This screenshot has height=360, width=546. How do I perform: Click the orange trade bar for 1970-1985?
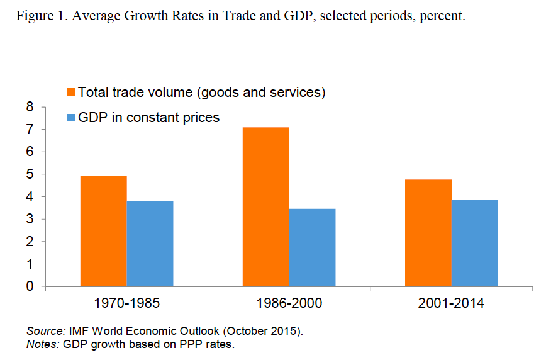[104, 231]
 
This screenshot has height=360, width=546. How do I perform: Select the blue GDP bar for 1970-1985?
[150, 244]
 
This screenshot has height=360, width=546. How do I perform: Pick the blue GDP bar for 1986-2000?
[312, 247]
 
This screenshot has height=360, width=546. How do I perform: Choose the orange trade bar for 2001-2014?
[428, 233]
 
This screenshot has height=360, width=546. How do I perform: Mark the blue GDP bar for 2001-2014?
[474, 243]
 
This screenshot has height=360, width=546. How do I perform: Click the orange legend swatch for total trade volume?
[71, 93]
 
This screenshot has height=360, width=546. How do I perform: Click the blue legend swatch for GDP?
[71, 118]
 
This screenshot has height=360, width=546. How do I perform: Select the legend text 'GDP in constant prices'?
[148, 118]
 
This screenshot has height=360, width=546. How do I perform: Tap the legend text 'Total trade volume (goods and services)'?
[201, 93]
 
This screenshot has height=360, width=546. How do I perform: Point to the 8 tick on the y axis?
[29, 108]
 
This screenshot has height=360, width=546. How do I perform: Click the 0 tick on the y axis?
[29, 286]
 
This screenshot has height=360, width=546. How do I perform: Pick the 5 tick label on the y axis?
[29, 174]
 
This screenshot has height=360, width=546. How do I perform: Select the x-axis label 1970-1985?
[126, 303]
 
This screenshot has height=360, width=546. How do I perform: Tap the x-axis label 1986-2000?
[289, 303]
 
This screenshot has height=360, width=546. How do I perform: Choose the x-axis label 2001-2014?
[451, 303]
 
